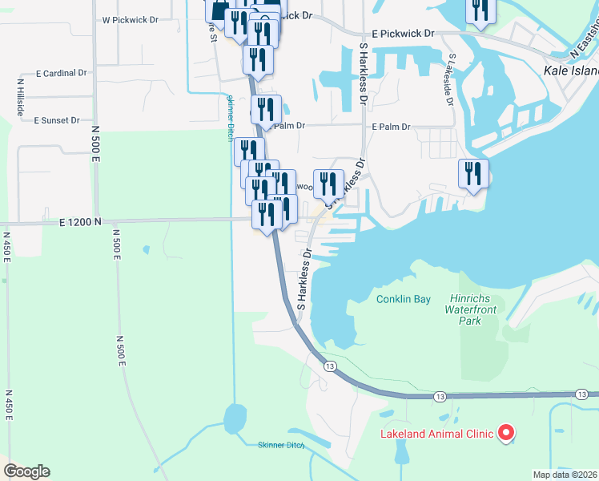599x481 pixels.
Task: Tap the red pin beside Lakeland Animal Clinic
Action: coord(505,433)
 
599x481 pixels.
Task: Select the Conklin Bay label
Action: coord(404,299)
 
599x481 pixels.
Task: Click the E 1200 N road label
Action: coord(81,221)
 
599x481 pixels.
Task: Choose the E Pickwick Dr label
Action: coord(403,34)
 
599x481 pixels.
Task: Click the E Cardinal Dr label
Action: coord(61,73)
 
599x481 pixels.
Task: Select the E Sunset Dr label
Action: coord(57,120)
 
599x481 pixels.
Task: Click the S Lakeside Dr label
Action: coord(451,80)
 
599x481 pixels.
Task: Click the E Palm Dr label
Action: coord(391,127)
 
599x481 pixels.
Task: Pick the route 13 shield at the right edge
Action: coord(583,394)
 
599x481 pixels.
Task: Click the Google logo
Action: coord(26,471)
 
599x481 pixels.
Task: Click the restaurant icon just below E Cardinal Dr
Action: coord(257,59)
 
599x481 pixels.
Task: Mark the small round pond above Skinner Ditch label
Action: coord(235,418)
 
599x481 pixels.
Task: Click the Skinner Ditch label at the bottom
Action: coord(281,445)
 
